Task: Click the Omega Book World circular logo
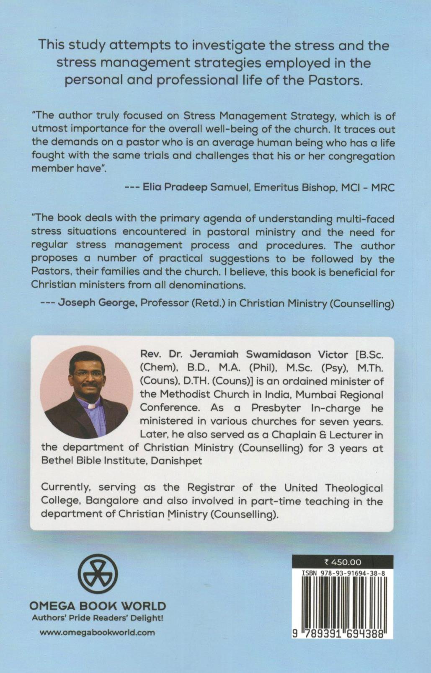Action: pos(98,574)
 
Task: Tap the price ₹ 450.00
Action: pos(342,562)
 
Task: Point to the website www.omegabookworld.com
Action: pos(97,632)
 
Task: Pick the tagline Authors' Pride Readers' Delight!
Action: pos(97,618)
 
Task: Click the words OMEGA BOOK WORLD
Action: pos(97,606)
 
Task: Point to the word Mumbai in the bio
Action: pos(318,394)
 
